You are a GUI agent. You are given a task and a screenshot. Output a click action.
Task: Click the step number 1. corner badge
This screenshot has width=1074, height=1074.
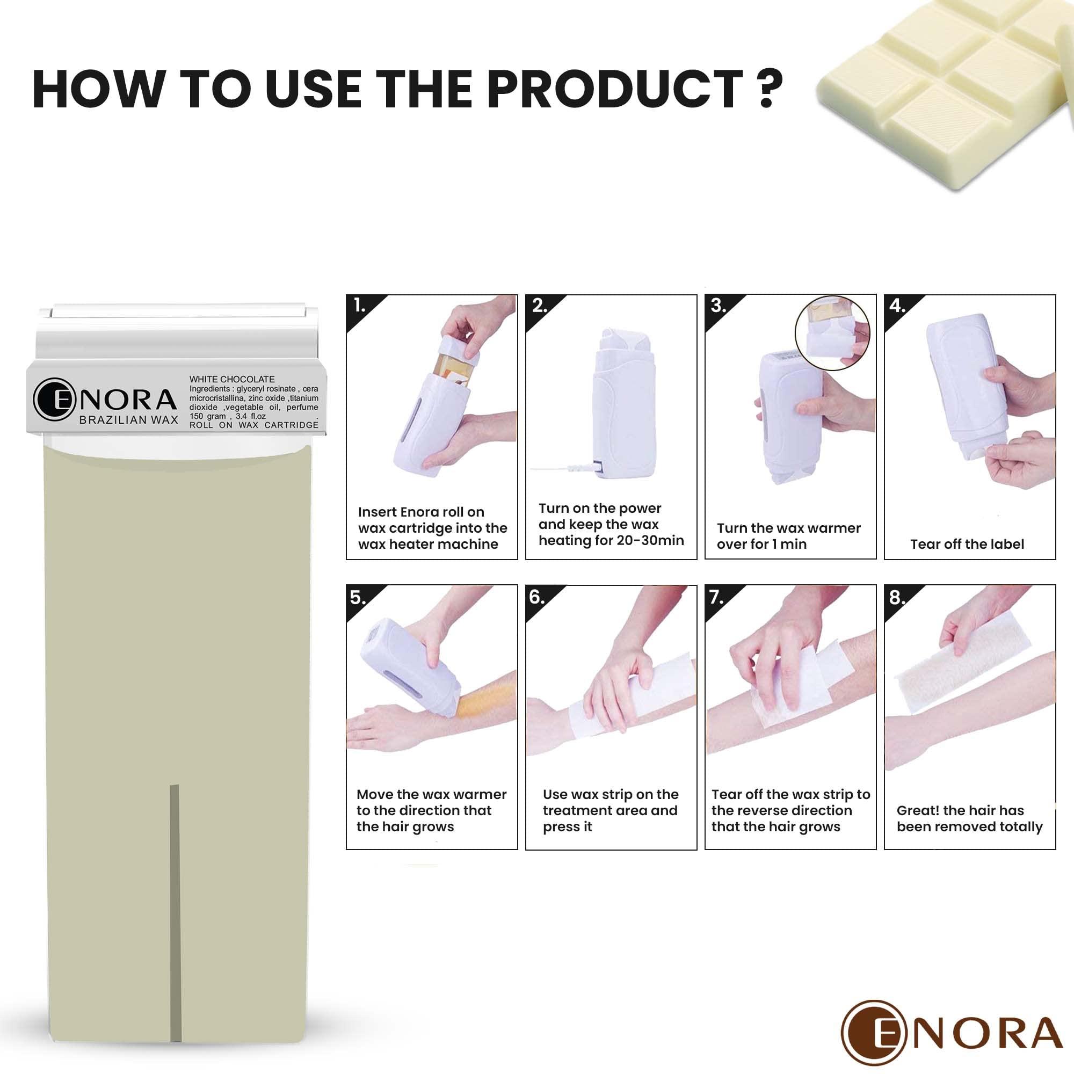(360, 306)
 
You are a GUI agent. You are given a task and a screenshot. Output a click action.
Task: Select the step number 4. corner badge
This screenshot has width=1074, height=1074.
(897, 306)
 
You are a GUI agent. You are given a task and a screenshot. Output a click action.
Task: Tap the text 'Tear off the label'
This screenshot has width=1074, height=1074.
(967, 544)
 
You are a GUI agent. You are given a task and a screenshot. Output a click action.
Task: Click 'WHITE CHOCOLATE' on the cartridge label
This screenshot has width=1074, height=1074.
(232, 379)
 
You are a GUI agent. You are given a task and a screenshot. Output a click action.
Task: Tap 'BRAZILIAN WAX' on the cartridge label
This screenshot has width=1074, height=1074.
(128, 420)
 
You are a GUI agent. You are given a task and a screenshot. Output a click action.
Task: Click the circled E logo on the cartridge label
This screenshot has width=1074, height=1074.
(54, 399)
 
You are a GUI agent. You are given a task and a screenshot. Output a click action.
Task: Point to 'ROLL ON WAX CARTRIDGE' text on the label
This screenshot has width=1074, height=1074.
(254, 425)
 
